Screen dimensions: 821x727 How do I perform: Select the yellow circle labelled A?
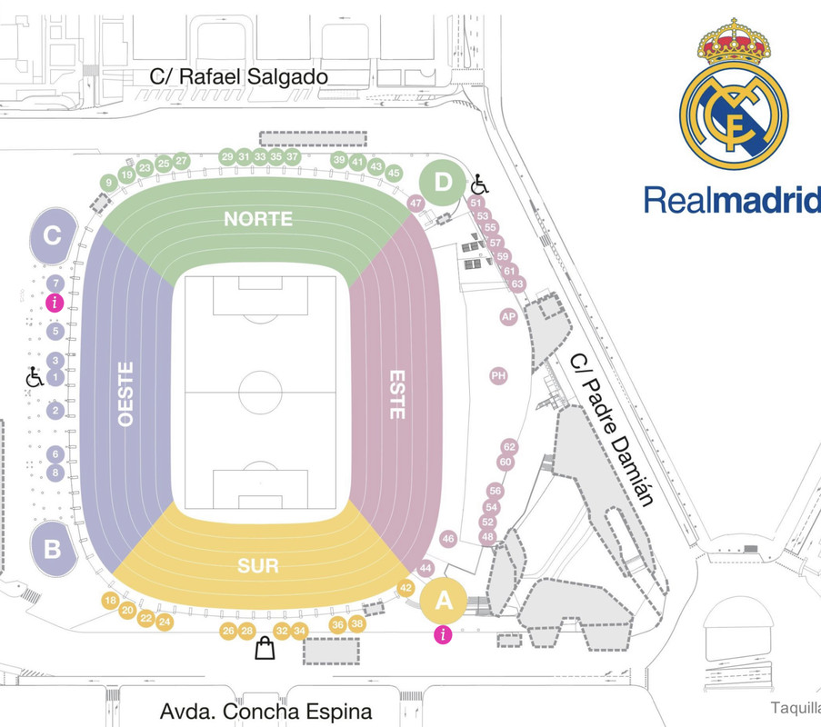[x=444, y=601]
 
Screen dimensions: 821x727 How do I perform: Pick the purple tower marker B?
[x=53, y=549]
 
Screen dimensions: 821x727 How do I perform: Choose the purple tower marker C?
[x=53, y=236]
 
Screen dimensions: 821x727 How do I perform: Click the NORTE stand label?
[x=258, y=219]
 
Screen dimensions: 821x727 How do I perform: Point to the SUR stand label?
[x=258, y=566]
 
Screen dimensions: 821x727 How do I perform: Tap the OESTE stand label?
[x=125, y=394]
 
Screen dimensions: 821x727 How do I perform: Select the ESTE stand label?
[x=396, y=393]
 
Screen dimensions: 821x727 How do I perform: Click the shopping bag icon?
[x=265, y=649]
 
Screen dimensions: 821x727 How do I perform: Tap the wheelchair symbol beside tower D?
[x=479, y=184]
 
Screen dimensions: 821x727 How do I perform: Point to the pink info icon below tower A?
[x=443, y=635]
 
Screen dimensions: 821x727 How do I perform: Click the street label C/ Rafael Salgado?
[x=239, y=77]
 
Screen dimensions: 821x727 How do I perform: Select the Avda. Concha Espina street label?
[x=265, y=711]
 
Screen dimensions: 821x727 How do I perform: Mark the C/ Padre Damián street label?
[x=611, y=429]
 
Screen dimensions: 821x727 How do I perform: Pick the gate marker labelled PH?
[x=498, y=375]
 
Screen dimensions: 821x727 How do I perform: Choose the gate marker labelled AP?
[x=508, y=316]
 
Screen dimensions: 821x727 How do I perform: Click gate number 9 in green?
[x=109, y=183]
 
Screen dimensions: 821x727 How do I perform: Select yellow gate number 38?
[x=357, y=624]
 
